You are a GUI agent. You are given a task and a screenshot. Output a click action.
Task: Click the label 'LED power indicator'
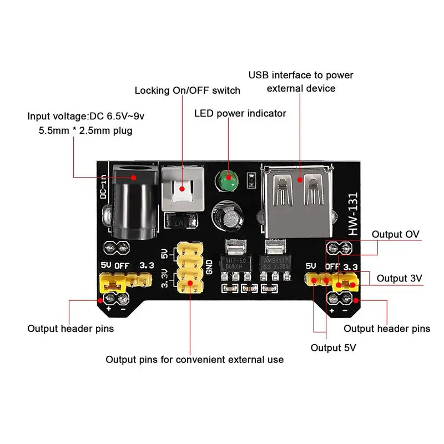pos(240,113)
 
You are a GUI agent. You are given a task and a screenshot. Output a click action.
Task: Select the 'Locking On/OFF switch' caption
pos(188,90)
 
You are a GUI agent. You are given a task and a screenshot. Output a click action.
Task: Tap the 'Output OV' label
pos(395,234)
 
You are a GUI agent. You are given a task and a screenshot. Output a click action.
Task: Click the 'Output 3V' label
pos(400,277)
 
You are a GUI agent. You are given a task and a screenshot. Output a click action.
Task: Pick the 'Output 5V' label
pos(333,347)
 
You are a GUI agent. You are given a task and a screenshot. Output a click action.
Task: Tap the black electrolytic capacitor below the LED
pos(228,215)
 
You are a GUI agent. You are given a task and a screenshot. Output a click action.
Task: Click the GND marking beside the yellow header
pos(209,268)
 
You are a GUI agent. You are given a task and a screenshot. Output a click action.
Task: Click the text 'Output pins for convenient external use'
pos(194,360)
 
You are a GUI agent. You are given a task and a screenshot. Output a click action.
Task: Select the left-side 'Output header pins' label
pos(70,329)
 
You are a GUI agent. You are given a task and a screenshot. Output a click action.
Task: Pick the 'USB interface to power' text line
pos(301,75)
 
